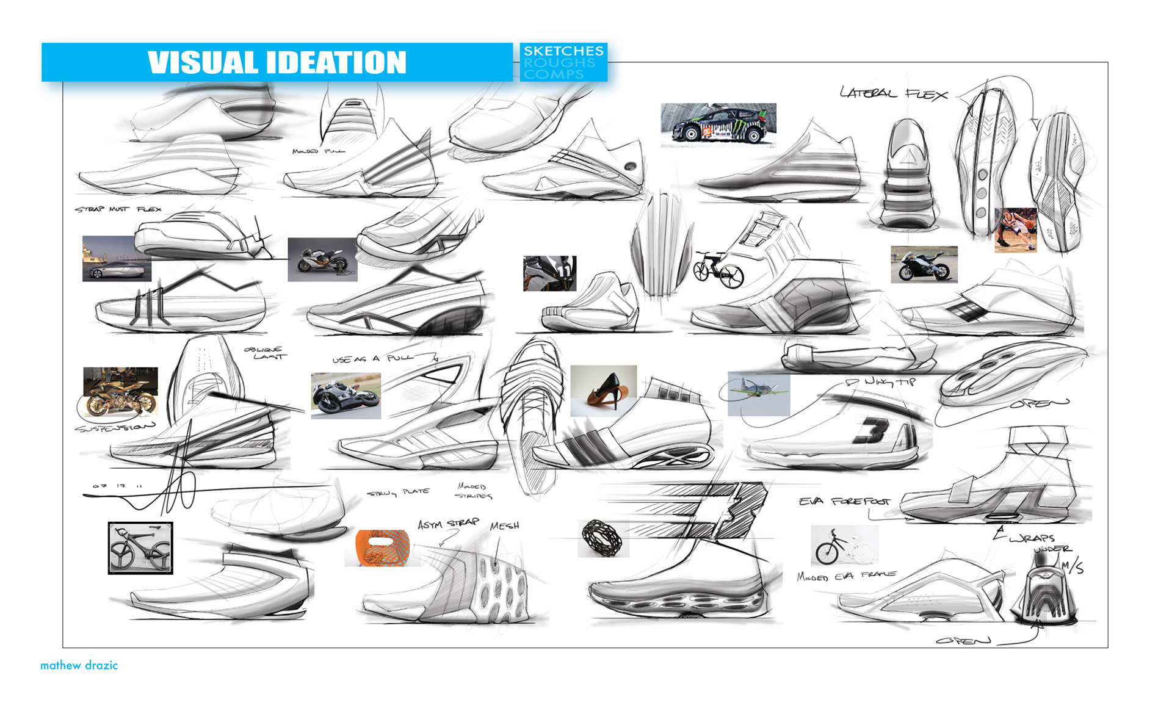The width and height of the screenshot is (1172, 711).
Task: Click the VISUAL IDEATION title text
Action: (277, 62)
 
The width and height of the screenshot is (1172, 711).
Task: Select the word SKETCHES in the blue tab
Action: (563, 51)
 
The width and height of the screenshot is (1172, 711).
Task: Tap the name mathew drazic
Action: (79, 665)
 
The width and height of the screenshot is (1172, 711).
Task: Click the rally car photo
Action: (718, 125)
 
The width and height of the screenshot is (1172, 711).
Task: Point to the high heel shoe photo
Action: (603, 391)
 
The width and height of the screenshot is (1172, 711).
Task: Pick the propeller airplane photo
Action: (759, 394)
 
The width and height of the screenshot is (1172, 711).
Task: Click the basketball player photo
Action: (1015, 230)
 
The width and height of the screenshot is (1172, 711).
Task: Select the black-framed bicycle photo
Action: (140, 547)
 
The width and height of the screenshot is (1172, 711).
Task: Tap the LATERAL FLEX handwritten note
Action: (893, 94)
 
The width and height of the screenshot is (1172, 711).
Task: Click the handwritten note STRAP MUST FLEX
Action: (118, 209)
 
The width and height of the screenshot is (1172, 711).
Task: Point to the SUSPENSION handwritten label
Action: (114, 427)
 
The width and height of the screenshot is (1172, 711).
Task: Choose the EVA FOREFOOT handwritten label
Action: (844, 502)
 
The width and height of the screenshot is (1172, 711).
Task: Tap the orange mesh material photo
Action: (382, 547)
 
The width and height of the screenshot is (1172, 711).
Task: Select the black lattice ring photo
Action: (602, 538)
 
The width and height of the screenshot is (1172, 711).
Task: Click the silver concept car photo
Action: (117, 258)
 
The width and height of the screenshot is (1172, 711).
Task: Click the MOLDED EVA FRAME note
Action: (846, 576)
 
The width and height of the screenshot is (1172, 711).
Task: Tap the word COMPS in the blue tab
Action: (554, 74)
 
